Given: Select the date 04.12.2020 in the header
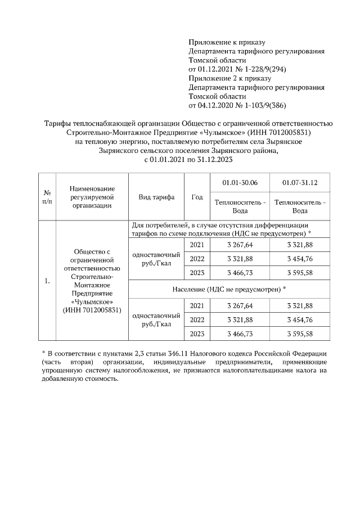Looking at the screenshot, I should coord(217,105).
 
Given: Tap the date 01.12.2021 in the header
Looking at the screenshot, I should coord(217,69).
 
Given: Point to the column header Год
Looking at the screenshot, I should coord(197,197).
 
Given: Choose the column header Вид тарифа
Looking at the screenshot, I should coord(156,197).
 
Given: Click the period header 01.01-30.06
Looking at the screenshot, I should coord(240,183).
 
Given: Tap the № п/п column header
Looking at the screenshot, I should coord(47,197).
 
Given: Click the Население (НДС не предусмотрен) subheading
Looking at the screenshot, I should coord(229,289).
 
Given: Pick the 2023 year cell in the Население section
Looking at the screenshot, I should coord(197,334).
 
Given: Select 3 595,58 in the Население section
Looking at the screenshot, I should coord(300,334).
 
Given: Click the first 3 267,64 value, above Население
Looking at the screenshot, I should coord(240,245).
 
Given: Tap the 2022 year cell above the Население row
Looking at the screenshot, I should coord(197,259).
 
